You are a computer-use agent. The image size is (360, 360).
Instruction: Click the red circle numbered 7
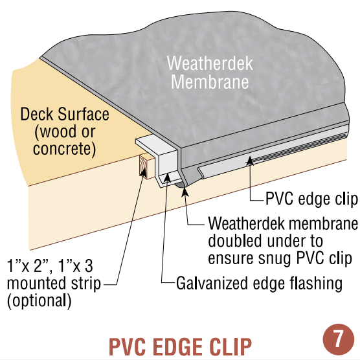coord(338,339)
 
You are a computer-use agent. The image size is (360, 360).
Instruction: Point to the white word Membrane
coord(210,82)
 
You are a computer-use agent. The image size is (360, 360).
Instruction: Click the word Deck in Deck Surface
coord(37,114)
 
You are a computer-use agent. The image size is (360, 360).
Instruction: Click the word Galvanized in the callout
coord(212,284)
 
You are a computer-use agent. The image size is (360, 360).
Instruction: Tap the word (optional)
coord(39,301)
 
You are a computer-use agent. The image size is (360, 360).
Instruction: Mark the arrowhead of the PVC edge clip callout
coord(251,161)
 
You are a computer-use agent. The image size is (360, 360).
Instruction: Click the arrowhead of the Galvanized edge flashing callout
coord(167,177)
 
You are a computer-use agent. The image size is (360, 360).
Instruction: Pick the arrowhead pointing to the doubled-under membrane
coord(185,192)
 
